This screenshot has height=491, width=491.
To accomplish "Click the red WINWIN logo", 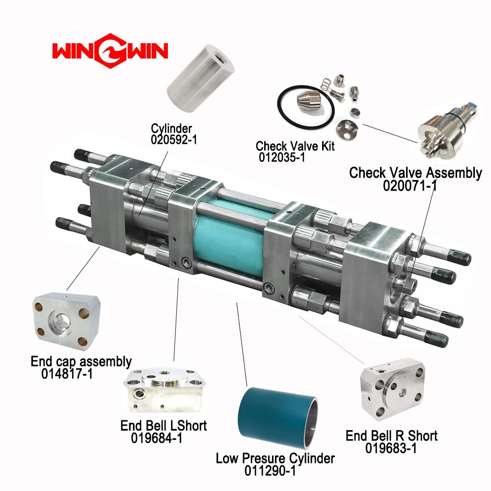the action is coord(110,51).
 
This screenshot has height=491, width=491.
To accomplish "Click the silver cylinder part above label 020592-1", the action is coord(200,79).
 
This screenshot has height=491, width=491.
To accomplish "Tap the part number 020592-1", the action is coord(174,139).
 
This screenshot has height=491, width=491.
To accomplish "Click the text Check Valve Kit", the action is coord(295,146).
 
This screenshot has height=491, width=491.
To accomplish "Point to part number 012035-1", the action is coord(282,157).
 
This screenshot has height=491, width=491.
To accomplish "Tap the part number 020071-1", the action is coord(410,186).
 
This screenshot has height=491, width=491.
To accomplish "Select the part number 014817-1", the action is coord(67,374).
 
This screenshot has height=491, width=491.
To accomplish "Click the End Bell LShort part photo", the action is coord(164,390).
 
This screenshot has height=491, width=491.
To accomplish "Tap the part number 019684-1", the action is coord(157,438).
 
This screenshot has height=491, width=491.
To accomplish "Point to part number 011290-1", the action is coord(270,471).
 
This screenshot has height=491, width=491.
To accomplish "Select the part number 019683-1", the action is coord(391,448).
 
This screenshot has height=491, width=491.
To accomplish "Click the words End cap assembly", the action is coord(81,362).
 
